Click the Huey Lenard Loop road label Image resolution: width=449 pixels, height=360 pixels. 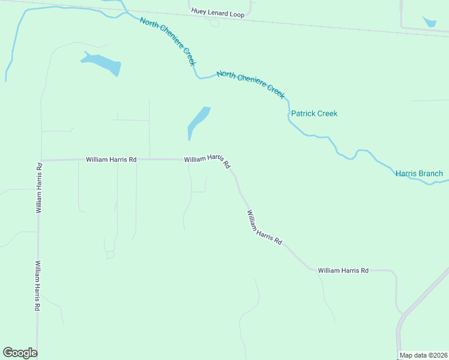[218, 13]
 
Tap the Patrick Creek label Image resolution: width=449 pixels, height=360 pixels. [314, 113]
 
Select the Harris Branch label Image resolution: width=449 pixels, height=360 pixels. [419, 174]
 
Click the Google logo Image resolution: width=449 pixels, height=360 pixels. [20, 353]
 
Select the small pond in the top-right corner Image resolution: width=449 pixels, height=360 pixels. [430, 22]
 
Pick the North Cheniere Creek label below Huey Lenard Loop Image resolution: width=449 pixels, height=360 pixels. [168, 42]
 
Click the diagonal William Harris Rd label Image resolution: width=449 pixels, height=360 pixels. [264, 227]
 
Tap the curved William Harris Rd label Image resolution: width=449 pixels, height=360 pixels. [207, 160]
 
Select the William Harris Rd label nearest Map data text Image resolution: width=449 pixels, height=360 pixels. [343, 271]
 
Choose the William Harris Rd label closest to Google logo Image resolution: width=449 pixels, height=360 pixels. [37, 285]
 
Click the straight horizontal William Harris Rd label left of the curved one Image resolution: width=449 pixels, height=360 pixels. [111, 160]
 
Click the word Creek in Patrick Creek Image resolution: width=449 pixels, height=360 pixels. [327, 113]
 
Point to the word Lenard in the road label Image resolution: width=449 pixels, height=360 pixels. [218, 13]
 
